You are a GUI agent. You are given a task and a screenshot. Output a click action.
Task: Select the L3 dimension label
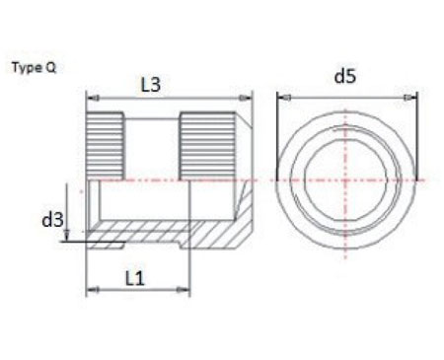coord(150,85)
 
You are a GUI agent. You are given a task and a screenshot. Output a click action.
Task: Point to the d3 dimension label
coord(52,218)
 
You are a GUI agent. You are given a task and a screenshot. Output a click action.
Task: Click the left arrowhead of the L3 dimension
coord(92,97)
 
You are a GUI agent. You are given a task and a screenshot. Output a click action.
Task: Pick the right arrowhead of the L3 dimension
coord(249,97)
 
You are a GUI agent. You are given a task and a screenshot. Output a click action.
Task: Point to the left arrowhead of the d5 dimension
coord(280,97)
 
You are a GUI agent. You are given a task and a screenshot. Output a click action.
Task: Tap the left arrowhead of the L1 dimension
coord(92,291)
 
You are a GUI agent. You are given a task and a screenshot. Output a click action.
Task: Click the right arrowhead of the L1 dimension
coord(185,291)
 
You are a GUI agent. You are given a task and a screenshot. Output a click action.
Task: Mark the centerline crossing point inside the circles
coord(345,180)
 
